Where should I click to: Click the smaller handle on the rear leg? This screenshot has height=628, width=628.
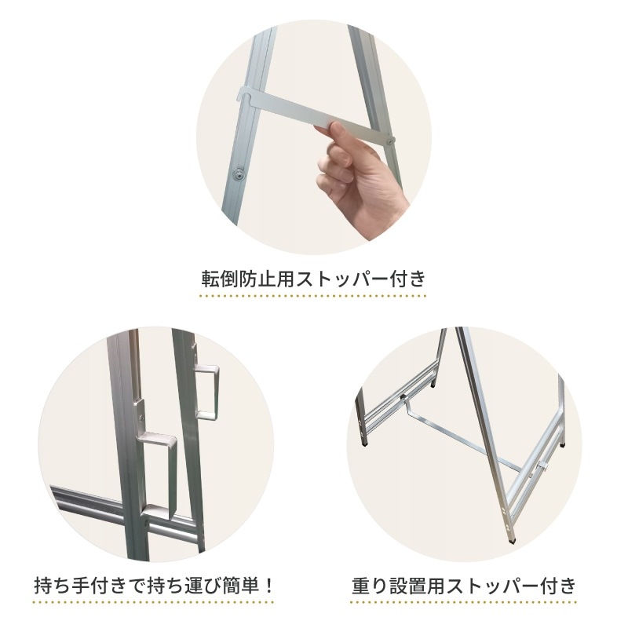coord(207,392)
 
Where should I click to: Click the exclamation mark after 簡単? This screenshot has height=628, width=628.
coord(265,585)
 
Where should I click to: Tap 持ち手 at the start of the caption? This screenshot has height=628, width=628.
coord(63,585)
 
